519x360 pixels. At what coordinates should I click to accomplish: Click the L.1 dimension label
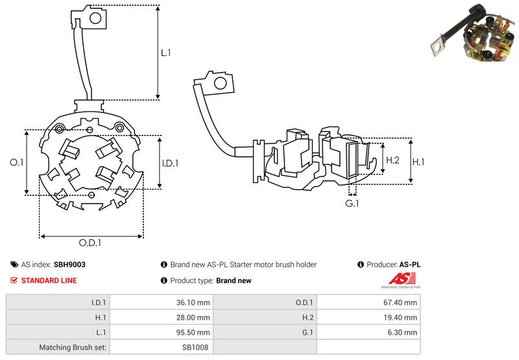click(x=166, y=53)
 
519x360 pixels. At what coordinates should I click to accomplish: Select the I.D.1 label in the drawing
click(x=169, y=163)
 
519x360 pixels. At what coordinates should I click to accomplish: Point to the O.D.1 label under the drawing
click(x=91, y=243)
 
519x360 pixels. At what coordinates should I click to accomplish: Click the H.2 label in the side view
click(x=392, y=160)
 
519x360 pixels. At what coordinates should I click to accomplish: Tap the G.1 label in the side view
click(x=352, y=204)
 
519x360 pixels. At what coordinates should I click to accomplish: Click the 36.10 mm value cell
click(x=195, y=302)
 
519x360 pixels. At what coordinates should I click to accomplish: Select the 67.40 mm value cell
click(x=402, y=302)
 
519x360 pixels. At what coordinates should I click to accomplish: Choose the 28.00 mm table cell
click(x=195, y=317)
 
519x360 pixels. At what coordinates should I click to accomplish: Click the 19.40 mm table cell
click(x=402, y=317)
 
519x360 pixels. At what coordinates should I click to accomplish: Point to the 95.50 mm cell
click(x=195, y=332)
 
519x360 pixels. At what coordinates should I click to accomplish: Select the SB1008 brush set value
click(x=195, y=347)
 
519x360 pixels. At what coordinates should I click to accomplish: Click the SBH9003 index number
click(x=69, y=265)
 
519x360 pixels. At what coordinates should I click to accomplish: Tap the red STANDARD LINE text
click(x=49, y=280)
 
